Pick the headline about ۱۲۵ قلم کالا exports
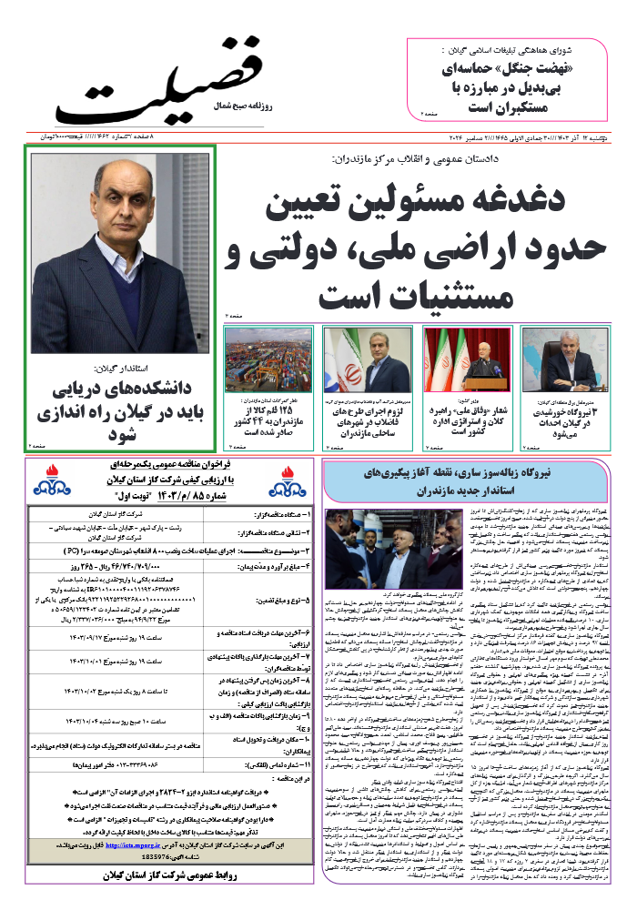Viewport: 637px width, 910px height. [x=268, y=418]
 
